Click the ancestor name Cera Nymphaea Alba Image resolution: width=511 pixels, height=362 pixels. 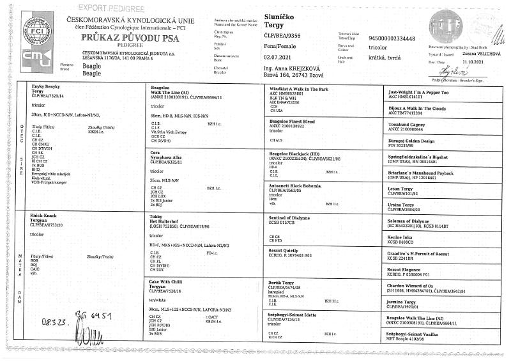point(164,156)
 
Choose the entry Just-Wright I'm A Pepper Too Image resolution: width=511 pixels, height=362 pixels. point(418,92)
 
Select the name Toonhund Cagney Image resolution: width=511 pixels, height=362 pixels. point(407,124)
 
